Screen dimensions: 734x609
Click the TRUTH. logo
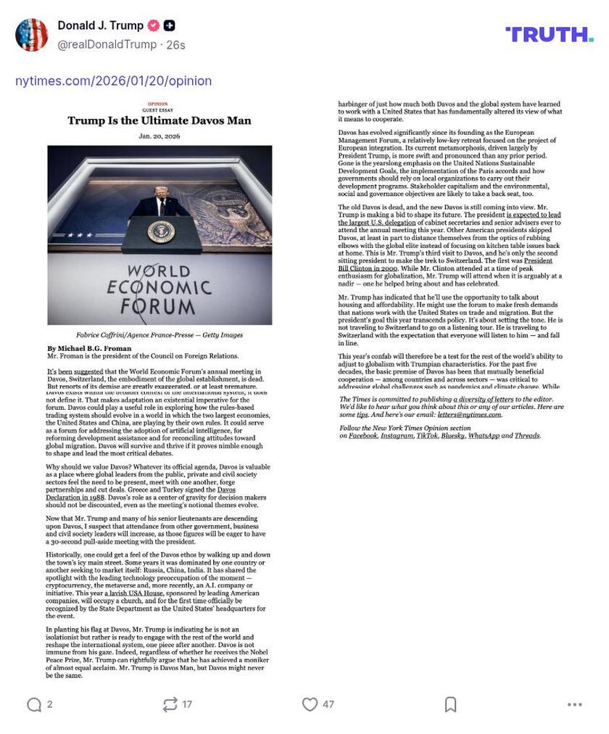point(549,34)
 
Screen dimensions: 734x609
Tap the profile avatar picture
point(31,35)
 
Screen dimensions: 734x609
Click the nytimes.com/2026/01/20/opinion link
point(114,81)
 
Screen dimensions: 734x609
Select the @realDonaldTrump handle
point(107,45)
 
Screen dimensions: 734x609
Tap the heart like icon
point(310,704)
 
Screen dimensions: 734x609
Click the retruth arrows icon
point(170,704)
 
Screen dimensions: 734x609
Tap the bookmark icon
point(450,704)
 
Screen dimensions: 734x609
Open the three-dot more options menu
point(575,704)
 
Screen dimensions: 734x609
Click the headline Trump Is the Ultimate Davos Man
point(159,120)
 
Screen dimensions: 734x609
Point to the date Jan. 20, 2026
point(159,136)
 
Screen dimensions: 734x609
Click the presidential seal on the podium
point(161,231)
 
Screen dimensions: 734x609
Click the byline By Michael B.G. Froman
point(90,349)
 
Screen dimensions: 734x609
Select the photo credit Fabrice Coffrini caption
point(159,335)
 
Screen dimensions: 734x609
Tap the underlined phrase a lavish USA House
point(133,593)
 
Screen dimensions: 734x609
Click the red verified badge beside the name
point(154,25)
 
